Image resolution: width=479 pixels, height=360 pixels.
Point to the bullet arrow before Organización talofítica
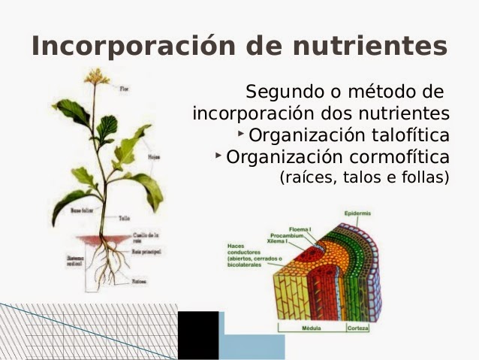[x=240, y=134]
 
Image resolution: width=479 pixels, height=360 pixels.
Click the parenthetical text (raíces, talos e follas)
[x=364, y=178]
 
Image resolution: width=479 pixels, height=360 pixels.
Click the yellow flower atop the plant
[x=96, y=76]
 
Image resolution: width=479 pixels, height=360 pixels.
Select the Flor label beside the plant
[x=125, y=89]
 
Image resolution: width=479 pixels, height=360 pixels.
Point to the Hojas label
[x=153, y=158]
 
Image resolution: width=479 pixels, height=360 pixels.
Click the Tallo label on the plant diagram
[x=124, y=219]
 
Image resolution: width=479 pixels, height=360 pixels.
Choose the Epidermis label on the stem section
[x=357, y=213]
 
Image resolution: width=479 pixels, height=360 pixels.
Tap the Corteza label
[x=358, y=329]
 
